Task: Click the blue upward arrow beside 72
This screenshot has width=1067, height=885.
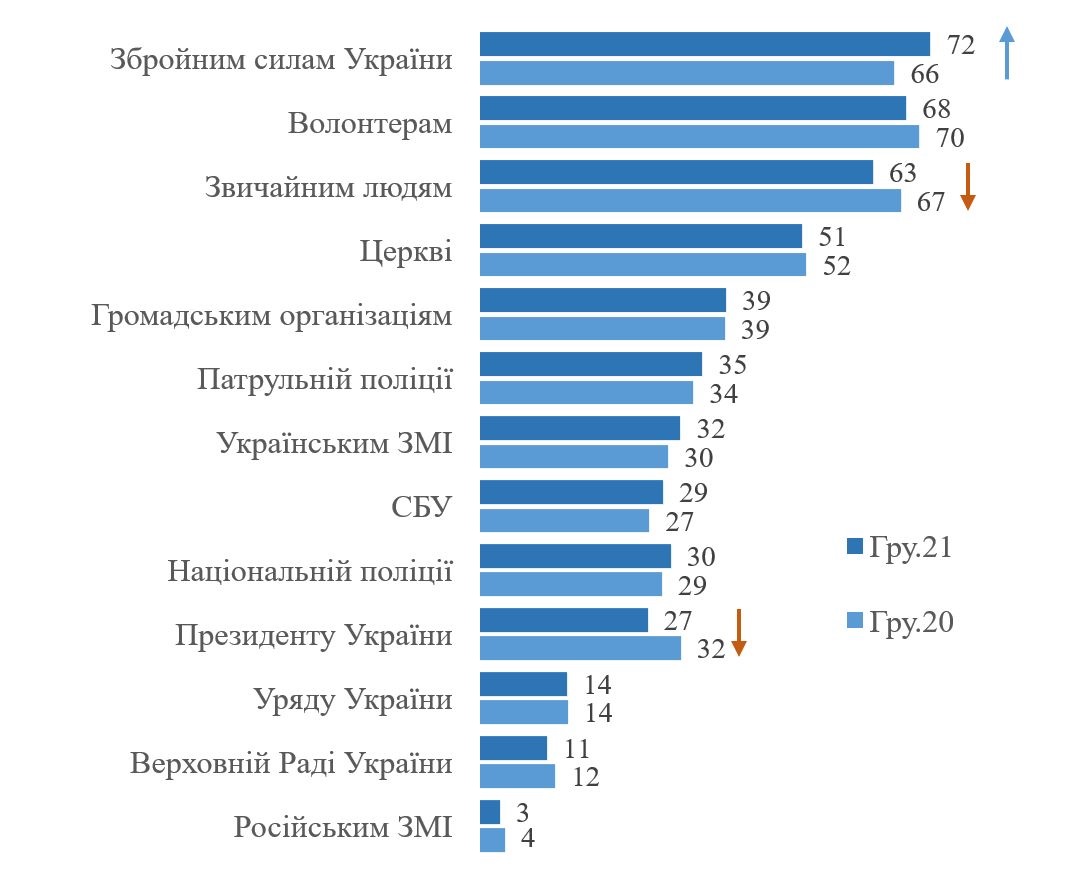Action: point(1007,52)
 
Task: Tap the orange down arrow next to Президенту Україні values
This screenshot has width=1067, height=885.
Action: point(739,632)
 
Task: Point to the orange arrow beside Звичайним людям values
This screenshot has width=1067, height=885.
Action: point(967,186)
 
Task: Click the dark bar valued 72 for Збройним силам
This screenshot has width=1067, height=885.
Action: point(704,44)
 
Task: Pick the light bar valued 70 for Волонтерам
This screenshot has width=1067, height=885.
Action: point(699,136)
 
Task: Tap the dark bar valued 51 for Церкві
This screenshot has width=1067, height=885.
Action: point(640,236)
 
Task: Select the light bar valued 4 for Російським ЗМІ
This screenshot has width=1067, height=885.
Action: point(492,839)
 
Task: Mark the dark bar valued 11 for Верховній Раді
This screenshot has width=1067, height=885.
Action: point(513,748)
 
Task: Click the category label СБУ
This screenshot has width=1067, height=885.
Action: point(421,506)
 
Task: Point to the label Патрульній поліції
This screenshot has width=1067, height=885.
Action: point(325,379)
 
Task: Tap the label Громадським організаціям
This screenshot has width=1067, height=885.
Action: point(271,315)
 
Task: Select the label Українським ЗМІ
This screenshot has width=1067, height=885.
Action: point(334,443)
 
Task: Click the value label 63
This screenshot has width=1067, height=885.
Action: point(902,173)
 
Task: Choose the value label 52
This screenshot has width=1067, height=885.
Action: point(836,266)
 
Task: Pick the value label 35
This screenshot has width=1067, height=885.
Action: point(732,365)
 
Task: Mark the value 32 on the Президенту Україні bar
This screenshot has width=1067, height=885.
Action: point(710,649)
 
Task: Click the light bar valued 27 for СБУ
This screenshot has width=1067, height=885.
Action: point(564,520)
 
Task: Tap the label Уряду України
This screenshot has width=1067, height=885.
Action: point(352,699)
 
